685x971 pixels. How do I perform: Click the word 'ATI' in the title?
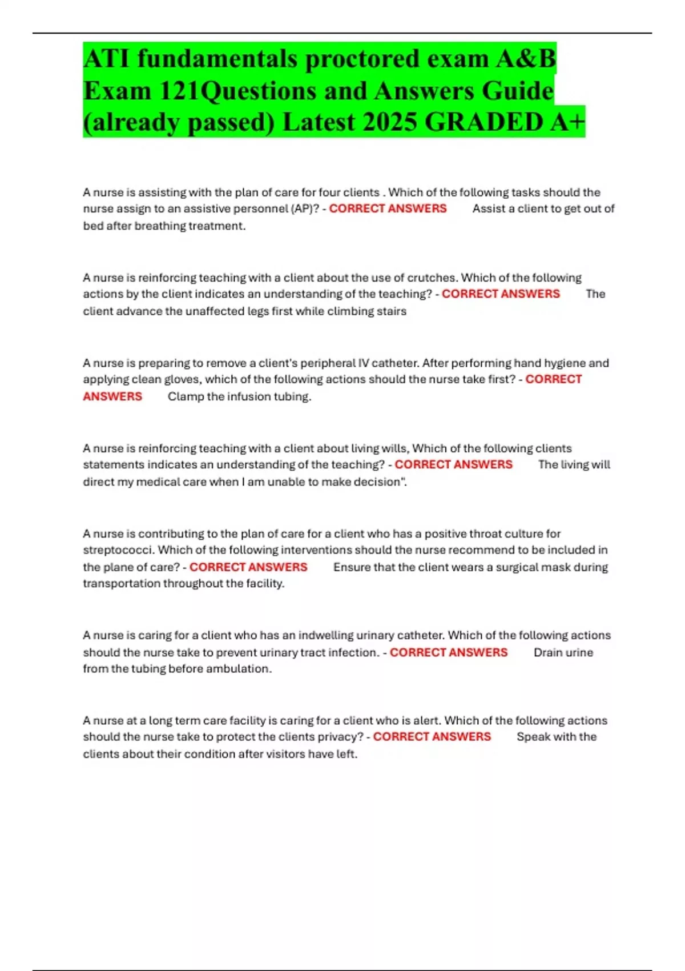point(106,59)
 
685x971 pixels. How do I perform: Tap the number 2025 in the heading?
point(389,122)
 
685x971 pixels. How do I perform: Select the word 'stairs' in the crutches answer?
point(391,311)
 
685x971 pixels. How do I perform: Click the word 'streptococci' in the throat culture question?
point(118,550)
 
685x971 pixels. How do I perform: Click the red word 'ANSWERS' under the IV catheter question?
point(112,396)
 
